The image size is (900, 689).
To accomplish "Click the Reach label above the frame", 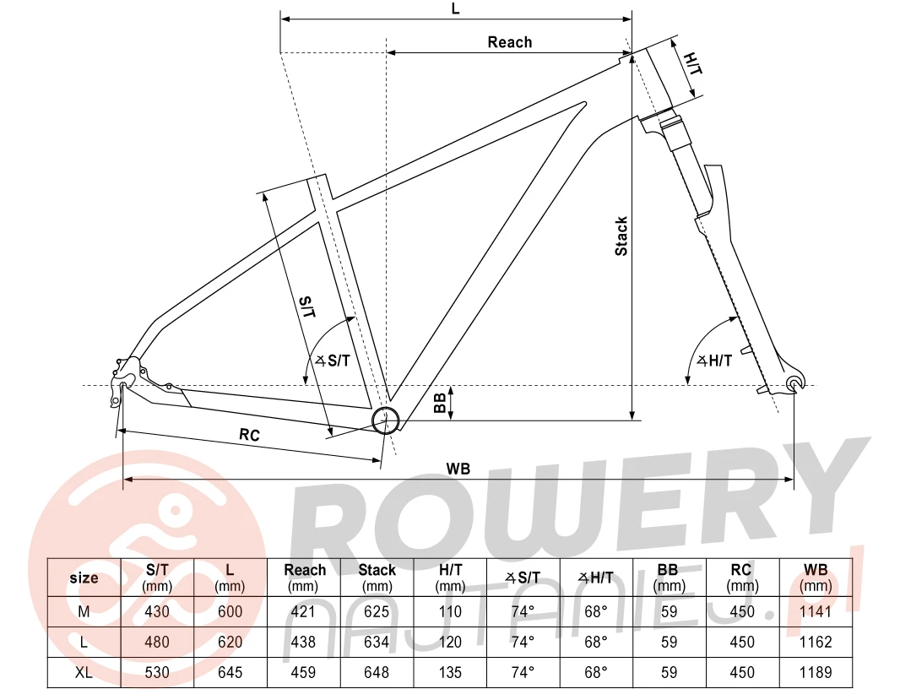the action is [x=510, y=42].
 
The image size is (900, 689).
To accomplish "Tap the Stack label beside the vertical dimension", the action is [x=621, y=236].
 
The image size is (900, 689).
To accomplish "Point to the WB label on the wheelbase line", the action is [x=458, y=469].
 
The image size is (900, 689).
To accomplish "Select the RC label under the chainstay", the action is [x=249, y=435].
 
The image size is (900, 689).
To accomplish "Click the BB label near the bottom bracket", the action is [x=440, y=403].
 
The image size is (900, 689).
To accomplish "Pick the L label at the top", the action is [x=455, y=8].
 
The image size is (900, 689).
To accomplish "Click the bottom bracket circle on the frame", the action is [x=386, y=420].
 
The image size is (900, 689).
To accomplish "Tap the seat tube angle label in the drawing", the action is [x=333, y=361].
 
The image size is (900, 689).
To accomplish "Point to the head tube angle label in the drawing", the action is [x=714, y=361].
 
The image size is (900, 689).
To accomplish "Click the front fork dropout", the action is [x=794, y=383].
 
